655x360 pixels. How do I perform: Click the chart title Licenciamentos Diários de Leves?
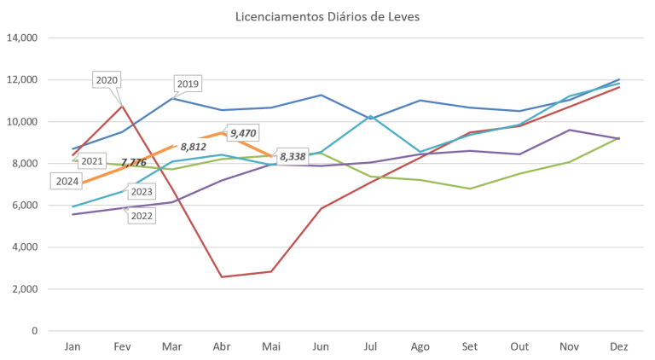pyautogui.click(x=327, y=16)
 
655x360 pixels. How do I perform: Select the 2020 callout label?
pyautogui.click(x=107, y=80)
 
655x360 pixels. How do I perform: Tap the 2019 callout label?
pyautogui.click(x=187, y=84)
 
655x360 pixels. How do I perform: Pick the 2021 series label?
pyautogui.click(x=91, y=160)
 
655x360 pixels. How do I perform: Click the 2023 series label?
pyautogui.click(x=142, y=192)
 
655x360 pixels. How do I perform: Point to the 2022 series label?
pyautogui.click(x=142, y=216)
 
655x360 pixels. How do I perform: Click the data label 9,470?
pyautogui.click(x=244, y=133)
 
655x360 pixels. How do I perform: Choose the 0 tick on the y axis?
pyautogui.click(x=37, y=331)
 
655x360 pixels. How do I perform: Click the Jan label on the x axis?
pyautogui.click(x=72, y=346)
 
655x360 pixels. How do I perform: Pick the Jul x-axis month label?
pyautogui.click(x=370, y=346)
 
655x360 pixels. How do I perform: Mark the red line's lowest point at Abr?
pyautogui.click(x=222, y=276)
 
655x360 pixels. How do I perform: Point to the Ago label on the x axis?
pyautogui.click(x=420, y=346)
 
